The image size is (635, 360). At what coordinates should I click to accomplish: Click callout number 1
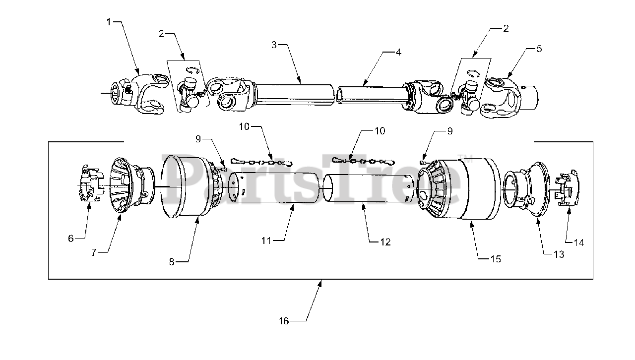click(109, 22)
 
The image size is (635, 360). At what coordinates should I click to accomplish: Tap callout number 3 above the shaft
click(274, 45)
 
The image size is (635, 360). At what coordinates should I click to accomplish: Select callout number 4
click(398, 52)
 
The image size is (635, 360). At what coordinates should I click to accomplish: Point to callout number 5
click(539, 49)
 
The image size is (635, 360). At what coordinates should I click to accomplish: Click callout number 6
click(71, 238)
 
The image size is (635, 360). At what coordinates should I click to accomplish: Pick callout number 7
click(94, 252)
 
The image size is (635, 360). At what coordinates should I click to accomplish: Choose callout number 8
click(172, 262)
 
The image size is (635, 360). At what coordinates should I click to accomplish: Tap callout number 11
click(266, 240)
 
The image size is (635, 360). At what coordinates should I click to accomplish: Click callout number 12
click(385, 242)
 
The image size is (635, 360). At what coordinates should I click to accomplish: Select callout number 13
click(559, 254)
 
